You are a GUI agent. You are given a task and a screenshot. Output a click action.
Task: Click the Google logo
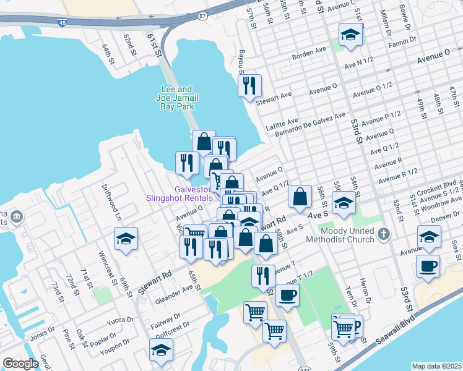tap(20, 364)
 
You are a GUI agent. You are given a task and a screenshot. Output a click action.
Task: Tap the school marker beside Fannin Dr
tap(350, 35)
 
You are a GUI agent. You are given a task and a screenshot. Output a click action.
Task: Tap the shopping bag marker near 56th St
tap(300, 197)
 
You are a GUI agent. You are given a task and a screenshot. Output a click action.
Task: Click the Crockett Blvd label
tap(441, 186)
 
